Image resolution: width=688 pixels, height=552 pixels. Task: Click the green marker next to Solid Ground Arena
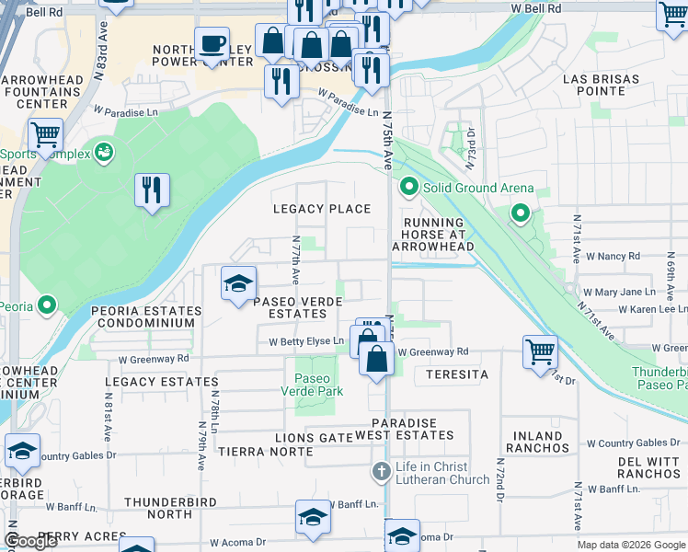[x=409, y=189]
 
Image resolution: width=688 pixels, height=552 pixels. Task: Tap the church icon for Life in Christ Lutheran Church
[x=382, y=472]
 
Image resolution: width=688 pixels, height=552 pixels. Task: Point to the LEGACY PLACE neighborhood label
[x=322, y=209]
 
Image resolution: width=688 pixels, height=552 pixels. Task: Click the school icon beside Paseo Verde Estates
[x=238, y=283]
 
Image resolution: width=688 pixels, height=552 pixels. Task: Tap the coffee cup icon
[x=212, y=43]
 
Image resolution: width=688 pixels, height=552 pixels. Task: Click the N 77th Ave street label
[x=295, y=259]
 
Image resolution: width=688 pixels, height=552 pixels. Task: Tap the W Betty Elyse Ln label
[x=306, y=341]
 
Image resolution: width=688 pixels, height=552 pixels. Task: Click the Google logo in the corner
[x=31, y=541]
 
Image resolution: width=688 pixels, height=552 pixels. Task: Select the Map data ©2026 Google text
[x=630, y=545]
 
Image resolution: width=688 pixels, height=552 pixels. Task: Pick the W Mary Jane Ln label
[x=625, y=292]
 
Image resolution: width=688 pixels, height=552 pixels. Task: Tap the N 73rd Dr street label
[x=469, y=144]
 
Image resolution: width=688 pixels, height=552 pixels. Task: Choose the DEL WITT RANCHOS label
[x=648, y=467]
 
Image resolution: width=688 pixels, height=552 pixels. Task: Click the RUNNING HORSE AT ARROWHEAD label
[x=432, y=235]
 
